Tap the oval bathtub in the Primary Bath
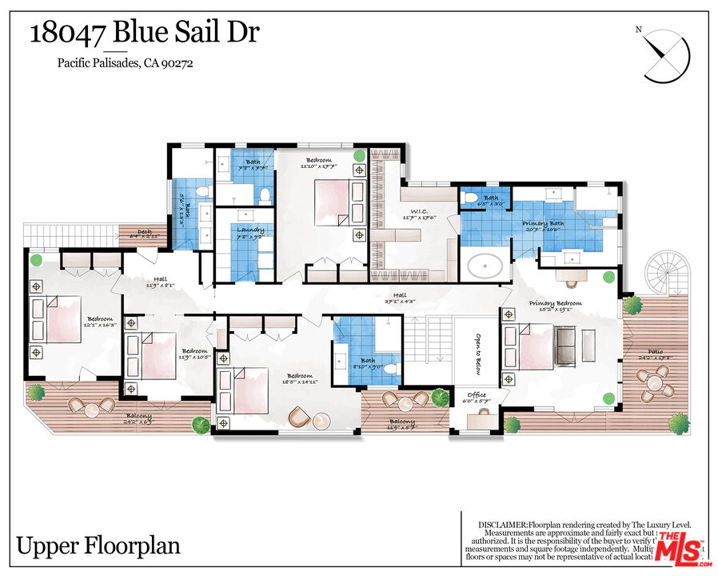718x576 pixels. [486, 265]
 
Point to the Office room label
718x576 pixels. [477, 395]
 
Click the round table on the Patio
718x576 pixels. [656, 382]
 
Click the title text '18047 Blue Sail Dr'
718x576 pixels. [145, 34]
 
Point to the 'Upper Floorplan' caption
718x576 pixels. [98, 546]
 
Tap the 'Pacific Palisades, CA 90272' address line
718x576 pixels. [124, 64]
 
